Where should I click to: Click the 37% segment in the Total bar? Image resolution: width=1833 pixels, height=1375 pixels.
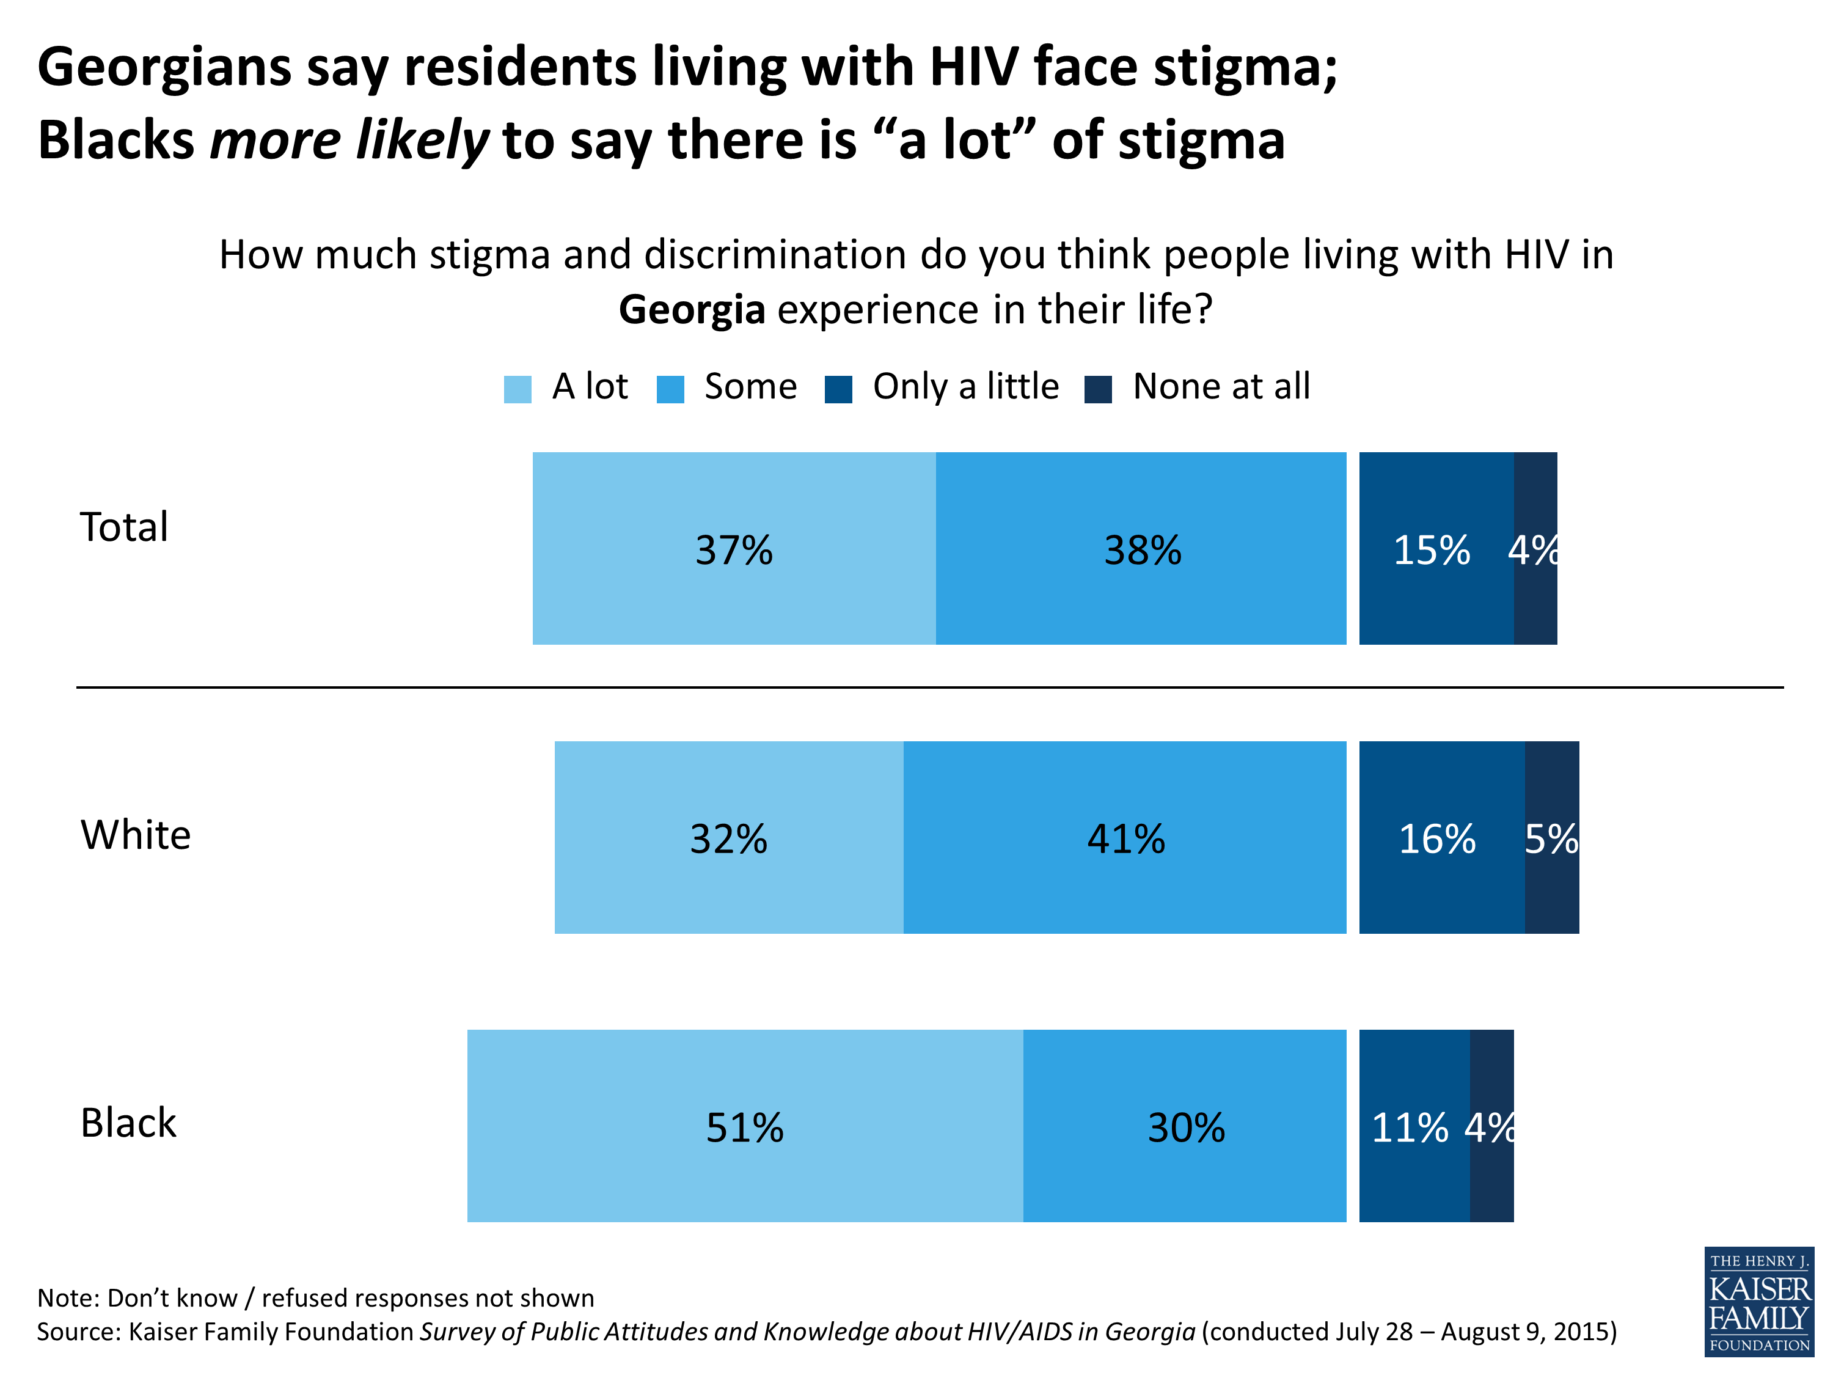[733, 549]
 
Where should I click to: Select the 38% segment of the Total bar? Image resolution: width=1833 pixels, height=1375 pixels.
[1141, 549]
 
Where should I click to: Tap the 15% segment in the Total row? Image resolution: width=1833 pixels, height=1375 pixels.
[1436, 549]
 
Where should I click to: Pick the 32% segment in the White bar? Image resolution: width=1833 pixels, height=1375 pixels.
[728, 837]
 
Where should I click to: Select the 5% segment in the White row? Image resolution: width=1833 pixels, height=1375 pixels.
[1551, 837]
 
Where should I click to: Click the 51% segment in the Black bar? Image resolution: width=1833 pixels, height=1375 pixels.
[744, 1126]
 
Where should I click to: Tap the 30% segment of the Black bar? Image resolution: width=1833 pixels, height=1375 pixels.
[1185, 1126]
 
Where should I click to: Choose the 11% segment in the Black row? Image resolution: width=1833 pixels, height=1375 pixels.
[1414, 1126]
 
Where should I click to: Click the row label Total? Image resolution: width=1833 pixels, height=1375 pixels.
[124, 527]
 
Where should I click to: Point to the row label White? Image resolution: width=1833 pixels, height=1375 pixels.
[136, 835]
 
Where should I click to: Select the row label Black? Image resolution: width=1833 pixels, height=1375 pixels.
[128, 1123]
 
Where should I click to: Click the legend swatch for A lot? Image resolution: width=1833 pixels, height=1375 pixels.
[517, 389]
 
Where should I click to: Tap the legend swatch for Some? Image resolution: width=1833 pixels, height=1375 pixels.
[670, 389]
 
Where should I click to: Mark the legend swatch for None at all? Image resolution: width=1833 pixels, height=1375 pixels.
[1098, 389]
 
